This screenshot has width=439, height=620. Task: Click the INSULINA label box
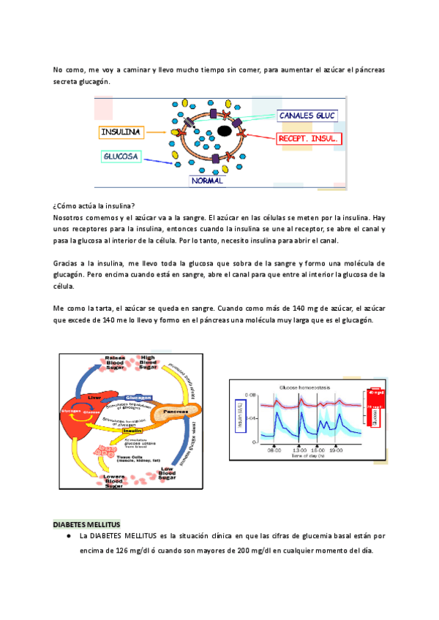[x=121, y=132]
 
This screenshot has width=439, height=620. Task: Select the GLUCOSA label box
[x=121, y=156]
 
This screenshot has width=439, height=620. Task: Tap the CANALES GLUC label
[x=306, y=116]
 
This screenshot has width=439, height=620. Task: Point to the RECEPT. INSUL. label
[x=309, y=138]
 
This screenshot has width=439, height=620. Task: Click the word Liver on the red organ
[x=93, y=397]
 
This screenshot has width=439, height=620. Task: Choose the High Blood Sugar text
[x=149, y=362]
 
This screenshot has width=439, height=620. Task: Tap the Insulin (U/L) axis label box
[x=237, y=415]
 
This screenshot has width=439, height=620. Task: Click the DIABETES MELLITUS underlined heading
[x=87, y=526]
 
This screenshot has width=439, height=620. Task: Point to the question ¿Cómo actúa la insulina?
[x=94, y=206]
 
